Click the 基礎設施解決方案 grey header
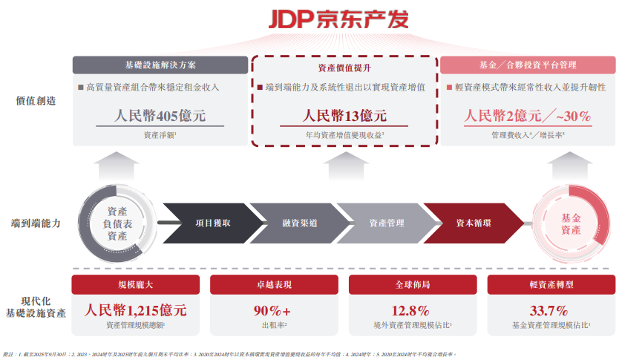[160, 65]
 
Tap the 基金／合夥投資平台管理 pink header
[528, 65]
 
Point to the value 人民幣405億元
[160, 117]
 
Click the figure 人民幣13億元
[344, 117]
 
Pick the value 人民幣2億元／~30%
[528, 117]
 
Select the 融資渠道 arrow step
[299, 223]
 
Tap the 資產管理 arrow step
[386, 223]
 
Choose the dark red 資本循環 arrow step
[473, 223]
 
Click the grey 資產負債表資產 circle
[117, 223]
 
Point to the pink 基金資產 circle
[571, 223]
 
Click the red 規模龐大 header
[135, 284]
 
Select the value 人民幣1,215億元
[135, 310]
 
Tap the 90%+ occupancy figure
[273, 310]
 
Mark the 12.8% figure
[411, 310]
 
